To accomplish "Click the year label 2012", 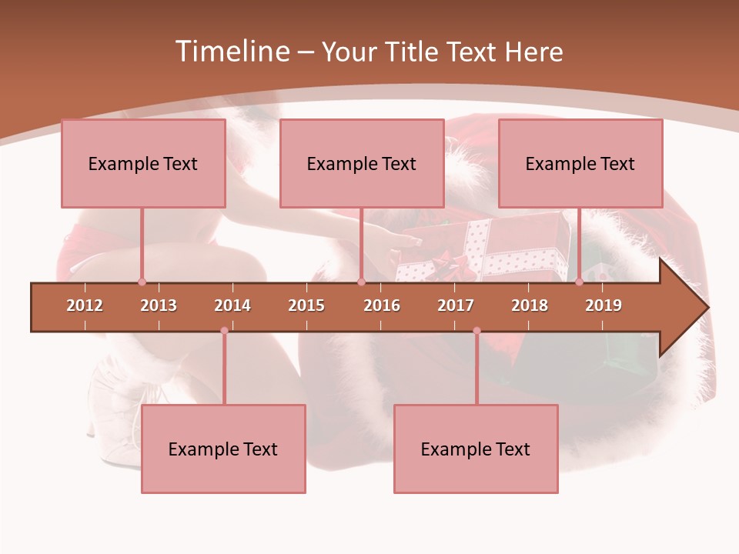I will click(85, 305).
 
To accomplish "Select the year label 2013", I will click(159, 305).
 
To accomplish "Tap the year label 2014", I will click(232, 305).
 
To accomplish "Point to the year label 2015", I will click(306, 305).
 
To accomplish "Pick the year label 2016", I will click(382, 305).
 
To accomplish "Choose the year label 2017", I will click(456, 305).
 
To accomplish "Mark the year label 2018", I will click(530, 305).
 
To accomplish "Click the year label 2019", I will click(604, 305).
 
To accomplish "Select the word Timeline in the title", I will click(231, 52).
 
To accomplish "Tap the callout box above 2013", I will click(143, 163).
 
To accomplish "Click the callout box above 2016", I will click(362, 163).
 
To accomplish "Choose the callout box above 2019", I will click(580, 163).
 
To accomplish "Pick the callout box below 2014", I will click(223, 449).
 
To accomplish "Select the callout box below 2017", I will click(476, 449).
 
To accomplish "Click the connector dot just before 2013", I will click(142, 282).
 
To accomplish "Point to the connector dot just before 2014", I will click(224, 331).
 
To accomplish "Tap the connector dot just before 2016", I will click(361, 282).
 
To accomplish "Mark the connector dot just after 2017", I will click(477, 331).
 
